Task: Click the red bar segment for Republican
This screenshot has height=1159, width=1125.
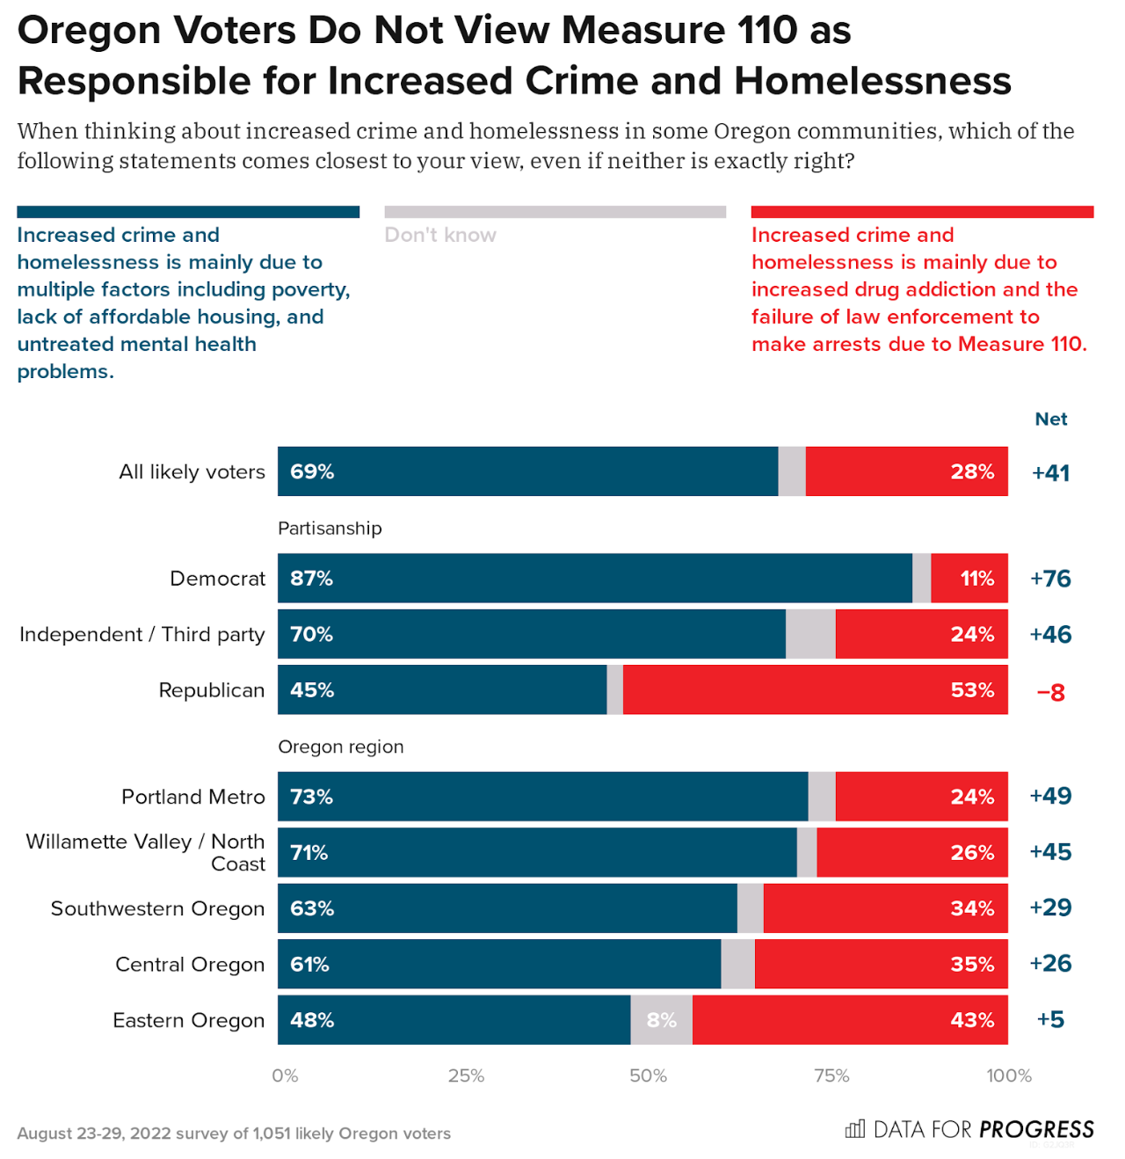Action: (815, 690)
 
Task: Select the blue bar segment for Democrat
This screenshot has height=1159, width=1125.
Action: (594, 579)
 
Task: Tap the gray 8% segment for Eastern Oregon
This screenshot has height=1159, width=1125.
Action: (661, 1020)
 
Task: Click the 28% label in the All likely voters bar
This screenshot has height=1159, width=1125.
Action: (972, 472)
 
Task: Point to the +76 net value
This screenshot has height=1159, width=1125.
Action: (1050, 579)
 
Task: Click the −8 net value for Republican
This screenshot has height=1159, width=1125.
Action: (1050, 692)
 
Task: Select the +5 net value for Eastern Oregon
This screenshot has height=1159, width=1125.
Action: (1050, 1020)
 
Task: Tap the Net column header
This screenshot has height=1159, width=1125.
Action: (1050, 419)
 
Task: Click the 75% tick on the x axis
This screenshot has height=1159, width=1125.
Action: (831, 1075)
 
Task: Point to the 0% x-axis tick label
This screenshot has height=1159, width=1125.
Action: (285, 1075)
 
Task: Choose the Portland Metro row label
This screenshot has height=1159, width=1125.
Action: (192, 797)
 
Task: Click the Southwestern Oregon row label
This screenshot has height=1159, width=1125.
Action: (157, 908)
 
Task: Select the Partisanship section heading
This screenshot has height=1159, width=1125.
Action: (330, 528)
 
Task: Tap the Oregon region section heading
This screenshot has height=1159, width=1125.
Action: (340, 747)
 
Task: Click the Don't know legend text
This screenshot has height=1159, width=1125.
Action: (440, 235)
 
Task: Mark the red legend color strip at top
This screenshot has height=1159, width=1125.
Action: (922, 212)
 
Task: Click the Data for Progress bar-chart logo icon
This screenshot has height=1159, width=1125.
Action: (854, 1129)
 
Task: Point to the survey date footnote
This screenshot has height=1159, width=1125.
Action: (234, 1133)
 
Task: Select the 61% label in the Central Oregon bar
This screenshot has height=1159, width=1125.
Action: (309, 965)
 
